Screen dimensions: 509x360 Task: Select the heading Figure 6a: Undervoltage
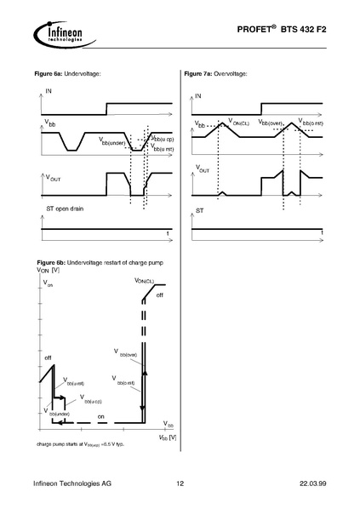[x=69, y=75]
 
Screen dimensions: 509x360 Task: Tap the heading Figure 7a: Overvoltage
[x=216, y=75]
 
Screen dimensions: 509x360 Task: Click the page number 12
[x=180, y=484]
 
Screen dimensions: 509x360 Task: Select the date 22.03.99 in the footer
[x=311, y=484]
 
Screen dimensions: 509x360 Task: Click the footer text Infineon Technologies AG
[x=72, y=484]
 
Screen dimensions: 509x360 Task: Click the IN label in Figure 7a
[x=198, y=96]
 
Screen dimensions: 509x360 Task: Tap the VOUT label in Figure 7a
[x=203, y=169]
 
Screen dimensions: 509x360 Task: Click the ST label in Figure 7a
[x=199, y=209]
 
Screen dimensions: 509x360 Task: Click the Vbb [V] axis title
[x=167, y=437]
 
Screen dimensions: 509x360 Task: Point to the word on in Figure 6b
[x=100, y=416]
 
